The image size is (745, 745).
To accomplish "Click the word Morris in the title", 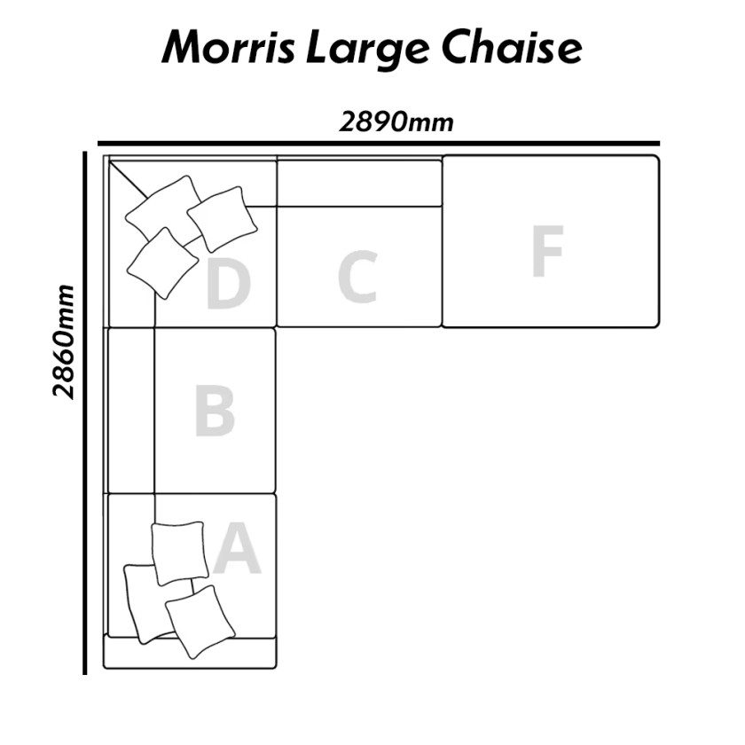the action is pos(228,49).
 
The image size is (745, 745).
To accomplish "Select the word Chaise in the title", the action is pos(512,48).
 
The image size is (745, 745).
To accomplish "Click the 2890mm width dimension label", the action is pos(396,122).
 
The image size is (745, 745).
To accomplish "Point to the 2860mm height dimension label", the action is pos(64,342).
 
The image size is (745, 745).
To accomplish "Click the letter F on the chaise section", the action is pos(548,251).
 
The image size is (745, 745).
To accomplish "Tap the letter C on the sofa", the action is pos(357,278).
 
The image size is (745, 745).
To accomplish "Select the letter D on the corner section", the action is pos(228,286).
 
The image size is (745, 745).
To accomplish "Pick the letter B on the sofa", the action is pos(216,412).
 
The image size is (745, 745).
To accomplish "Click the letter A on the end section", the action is pos(237,548).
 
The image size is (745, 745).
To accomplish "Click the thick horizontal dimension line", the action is pos(379,143).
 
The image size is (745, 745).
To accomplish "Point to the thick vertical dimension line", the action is pos(84,413).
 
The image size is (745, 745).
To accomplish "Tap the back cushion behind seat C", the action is pos(360,183).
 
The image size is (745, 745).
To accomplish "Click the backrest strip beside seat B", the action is pos(131,411).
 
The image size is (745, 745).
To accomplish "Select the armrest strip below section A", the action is pos(190,654).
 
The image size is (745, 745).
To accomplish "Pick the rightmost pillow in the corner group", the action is pos(223,218).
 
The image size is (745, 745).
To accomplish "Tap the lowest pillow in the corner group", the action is pos(162,263).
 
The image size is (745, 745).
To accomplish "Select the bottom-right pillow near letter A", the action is pos(200,622).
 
